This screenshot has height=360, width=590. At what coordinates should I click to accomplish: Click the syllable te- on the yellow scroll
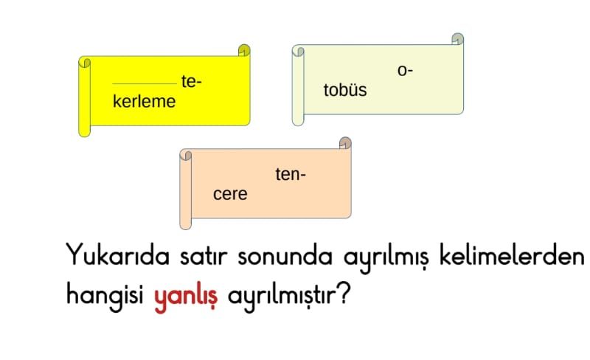tap(191, 82)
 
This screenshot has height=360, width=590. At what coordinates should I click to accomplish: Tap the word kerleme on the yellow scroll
tap(144, 102)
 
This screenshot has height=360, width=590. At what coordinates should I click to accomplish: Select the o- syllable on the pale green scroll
tap(405, 71)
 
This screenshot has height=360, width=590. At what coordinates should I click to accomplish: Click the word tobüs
tap(345, 90)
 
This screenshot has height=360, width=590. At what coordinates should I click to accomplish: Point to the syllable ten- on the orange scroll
tap(291, 174)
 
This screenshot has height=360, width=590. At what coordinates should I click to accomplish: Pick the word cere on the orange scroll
tap(230, 194)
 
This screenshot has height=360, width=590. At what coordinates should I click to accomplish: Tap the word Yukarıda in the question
tap(118, 255)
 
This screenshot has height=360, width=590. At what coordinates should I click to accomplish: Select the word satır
tap(204, 256)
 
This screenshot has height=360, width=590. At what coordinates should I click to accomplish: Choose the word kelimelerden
tap(512, 255)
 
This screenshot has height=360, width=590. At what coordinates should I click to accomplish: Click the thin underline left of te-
tap(145, 83)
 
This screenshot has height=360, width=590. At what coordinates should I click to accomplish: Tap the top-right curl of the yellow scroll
tap(244, 50)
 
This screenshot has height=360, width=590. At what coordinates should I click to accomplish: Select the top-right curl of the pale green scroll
tap(457, 39)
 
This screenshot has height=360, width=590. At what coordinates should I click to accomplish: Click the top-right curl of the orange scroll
tap(345, 142)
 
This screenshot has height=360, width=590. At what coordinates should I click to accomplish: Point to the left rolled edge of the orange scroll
tap(186, 189)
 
